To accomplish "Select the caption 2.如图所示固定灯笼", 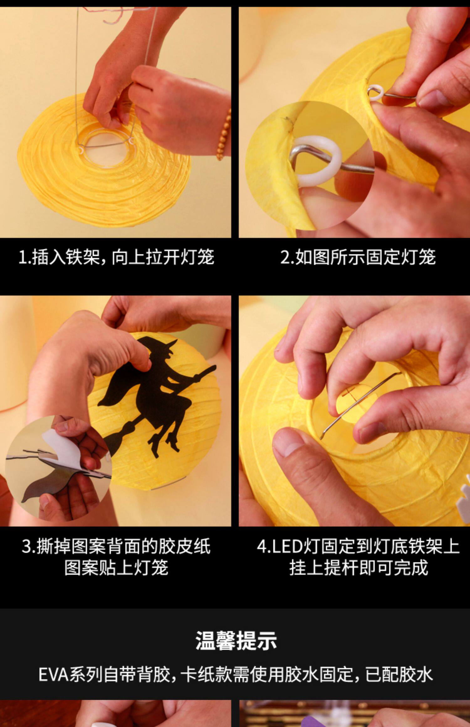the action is coord(358,257).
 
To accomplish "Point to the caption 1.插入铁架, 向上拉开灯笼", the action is coord(116,257).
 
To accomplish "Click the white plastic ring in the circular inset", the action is coord(318,161).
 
